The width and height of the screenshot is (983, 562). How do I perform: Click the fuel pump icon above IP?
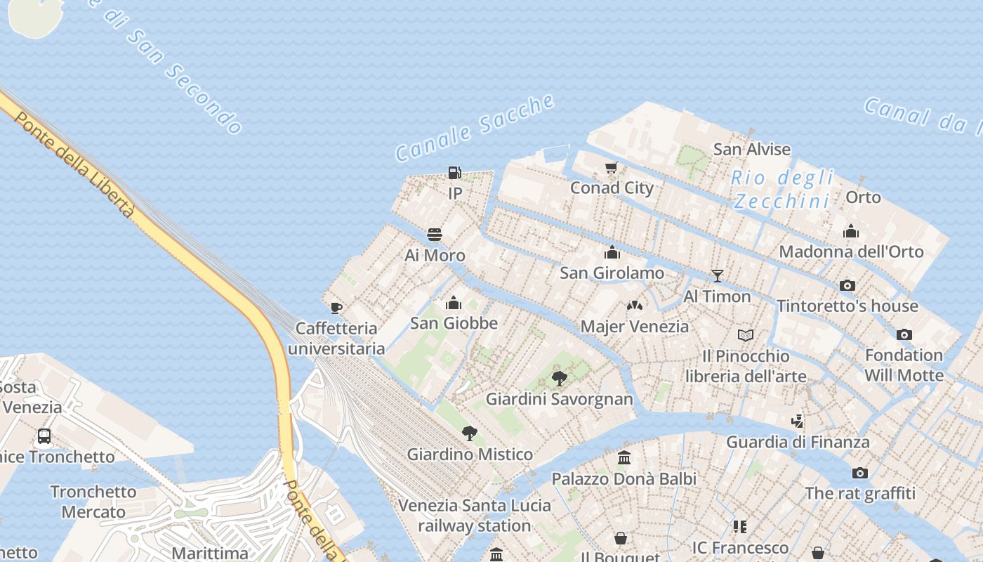454,172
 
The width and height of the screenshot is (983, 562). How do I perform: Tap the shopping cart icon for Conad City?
611,168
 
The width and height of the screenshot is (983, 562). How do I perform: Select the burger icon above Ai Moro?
435,235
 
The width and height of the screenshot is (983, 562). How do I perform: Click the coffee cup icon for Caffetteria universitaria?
336,308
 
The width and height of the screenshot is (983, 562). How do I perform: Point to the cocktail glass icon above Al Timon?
717,275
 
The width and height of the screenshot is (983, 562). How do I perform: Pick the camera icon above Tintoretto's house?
847,285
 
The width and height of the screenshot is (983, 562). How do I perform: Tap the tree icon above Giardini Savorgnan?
560,379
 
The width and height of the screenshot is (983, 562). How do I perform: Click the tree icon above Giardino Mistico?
470,433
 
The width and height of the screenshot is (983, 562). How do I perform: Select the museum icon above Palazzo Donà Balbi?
624,458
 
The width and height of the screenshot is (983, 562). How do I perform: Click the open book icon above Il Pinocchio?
745,335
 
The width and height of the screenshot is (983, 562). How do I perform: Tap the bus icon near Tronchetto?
44,436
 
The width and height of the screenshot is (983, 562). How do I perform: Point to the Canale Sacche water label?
475,127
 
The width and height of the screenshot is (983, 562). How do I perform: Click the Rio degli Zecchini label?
781,190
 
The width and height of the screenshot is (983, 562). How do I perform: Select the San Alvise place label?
752,149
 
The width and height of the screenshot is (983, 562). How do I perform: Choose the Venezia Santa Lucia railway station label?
475,516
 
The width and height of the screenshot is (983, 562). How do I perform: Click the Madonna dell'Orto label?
851,251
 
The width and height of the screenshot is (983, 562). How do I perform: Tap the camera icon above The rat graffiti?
860,473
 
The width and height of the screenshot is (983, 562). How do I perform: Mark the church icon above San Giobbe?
454,303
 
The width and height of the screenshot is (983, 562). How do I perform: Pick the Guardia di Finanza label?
798,442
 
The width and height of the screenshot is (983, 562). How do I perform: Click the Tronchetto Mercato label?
93,502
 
